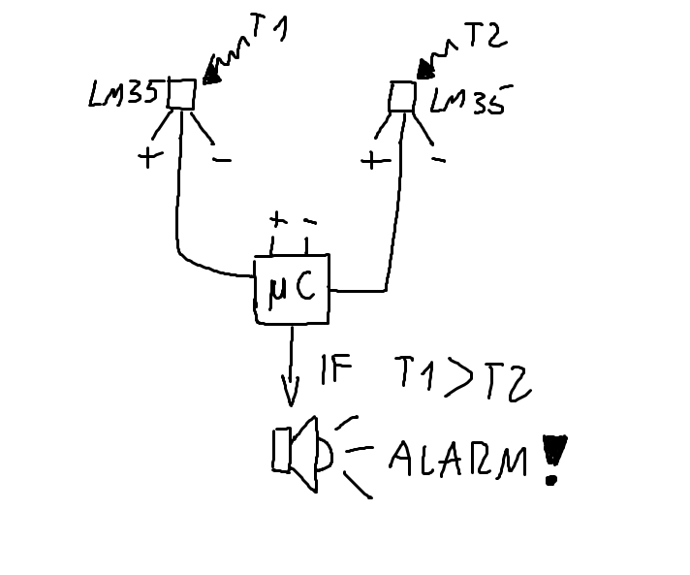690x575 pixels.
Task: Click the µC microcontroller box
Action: pos(292,291)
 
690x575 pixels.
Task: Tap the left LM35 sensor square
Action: pos(181,93)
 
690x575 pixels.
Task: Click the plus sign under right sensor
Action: pos(370,160)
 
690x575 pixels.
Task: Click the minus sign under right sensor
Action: pos(438,158)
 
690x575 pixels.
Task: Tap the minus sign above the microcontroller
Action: pos(309,221)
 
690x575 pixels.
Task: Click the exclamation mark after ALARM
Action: pos(553,458)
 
